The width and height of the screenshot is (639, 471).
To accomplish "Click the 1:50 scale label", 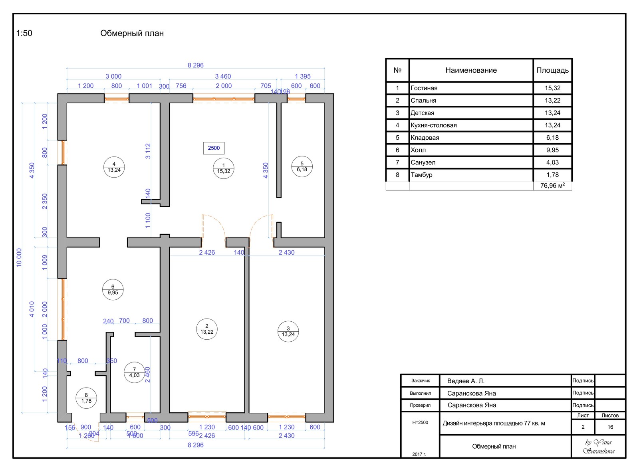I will click(24, 34).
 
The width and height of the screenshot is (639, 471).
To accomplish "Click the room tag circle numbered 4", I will click(114, 167).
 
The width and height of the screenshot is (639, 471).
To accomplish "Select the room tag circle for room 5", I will click(302, 166).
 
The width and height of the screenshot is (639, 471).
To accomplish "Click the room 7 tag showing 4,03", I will click(134, 372).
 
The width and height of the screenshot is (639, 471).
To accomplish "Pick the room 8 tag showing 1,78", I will click(86, 398).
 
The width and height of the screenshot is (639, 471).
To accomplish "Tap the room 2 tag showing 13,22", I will click(207, 329).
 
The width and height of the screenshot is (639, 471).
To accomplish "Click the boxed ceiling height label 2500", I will click(214, 148).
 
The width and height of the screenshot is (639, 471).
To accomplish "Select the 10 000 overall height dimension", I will click(19, 257).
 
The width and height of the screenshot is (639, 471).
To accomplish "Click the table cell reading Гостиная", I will click(424, 88).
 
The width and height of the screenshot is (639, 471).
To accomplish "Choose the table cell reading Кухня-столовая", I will click(434, 125).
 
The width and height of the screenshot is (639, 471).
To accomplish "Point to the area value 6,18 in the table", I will click(552, 138).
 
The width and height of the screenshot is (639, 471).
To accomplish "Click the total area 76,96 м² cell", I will click(552, 186).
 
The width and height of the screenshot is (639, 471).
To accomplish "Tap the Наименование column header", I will click(471, 70).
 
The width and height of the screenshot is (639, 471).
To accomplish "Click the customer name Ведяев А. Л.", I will click(466, 381).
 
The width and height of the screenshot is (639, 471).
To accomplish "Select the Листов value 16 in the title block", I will click(610, 427).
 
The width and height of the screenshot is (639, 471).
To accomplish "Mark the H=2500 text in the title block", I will click(420, 422).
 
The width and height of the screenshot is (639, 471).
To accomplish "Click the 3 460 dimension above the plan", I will click(223, 76).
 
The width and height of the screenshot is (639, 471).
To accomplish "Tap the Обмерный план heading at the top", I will click(132, 34).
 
